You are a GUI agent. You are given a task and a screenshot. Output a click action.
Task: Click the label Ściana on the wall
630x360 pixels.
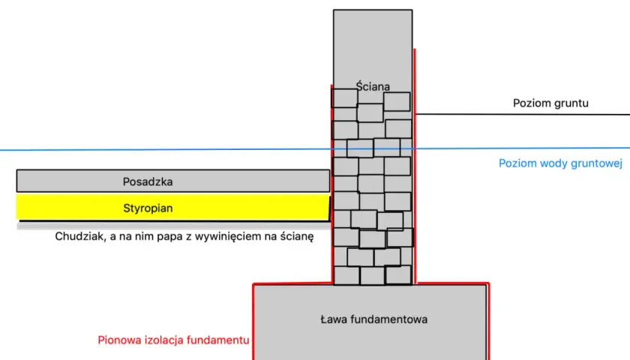tap(373, 86)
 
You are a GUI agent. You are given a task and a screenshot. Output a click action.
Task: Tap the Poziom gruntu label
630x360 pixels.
tap(550, 103)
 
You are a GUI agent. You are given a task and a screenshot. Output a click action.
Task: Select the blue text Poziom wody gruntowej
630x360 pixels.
tap(560, 163)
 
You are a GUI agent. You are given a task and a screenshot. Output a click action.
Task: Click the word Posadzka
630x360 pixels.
tap(148, 181)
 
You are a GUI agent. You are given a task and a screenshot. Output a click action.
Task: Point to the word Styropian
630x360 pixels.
tap(148, 208)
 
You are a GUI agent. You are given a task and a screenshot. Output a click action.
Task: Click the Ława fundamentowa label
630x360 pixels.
tap(373, 319)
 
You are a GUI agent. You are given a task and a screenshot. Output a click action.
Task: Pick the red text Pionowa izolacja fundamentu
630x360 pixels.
tap(173, 340)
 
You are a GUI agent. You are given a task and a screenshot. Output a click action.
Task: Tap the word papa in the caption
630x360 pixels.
tap(169, 237)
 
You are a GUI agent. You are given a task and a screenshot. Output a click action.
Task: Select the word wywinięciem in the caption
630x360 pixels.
tap(229, 236)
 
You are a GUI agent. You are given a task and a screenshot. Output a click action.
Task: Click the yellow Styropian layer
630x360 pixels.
tap(172, 207)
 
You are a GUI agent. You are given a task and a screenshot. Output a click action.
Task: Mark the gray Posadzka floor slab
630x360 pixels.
tap(172, 181)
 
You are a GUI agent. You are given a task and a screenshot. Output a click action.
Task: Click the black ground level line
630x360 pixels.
tap(522, 115)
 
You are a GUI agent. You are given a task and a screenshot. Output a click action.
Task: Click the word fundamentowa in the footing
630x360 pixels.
tap(389, 319)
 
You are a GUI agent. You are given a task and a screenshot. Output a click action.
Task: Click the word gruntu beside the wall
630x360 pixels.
tap(569, 103)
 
